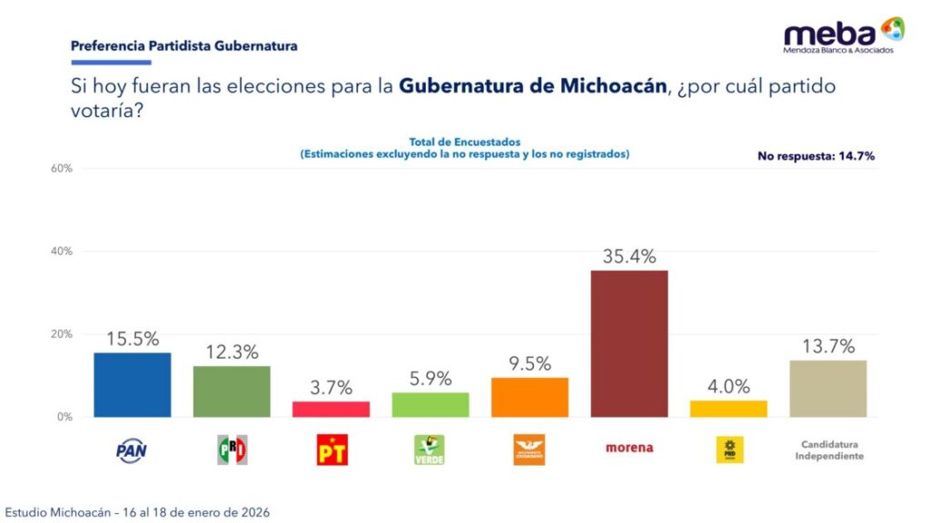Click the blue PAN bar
pyautogui.click(x=132, y=385)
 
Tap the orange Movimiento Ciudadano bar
pyautogui.click(x=529, y=398)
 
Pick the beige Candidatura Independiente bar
pyautogui.click(x=827, y=389)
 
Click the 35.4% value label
pyautogui.click(x=628, y=257)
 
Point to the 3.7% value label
pyautogui.click(x=331, y=388)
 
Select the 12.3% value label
pyautogui.click(x=232, y=352)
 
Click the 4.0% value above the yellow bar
pyautogui.click(x=728, y=386)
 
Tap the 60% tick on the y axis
pyautogui.click(x=61, y=169)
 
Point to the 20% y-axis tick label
pyautogui.click(x=61, y=334)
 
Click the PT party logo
pyautogui.click(x=331, y=449)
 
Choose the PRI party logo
pyautogui.click(x=232, y=449)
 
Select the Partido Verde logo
pyautogui.click(x=430, y=449)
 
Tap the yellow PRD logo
pyautogui.click(x=728, y=448)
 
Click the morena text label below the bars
pyautogui.click(x=628, y=448)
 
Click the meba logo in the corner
pyautogui.click(x=844, y=35)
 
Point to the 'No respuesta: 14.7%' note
pyautogui.click(x=816, y=156)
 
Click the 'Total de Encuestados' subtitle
pyautogui.click(x=464, y=143)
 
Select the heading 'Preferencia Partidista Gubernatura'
pyautogui.click(x=183, y=44)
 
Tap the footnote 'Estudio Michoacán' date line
pyautogui.click(x=137, y=512)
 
